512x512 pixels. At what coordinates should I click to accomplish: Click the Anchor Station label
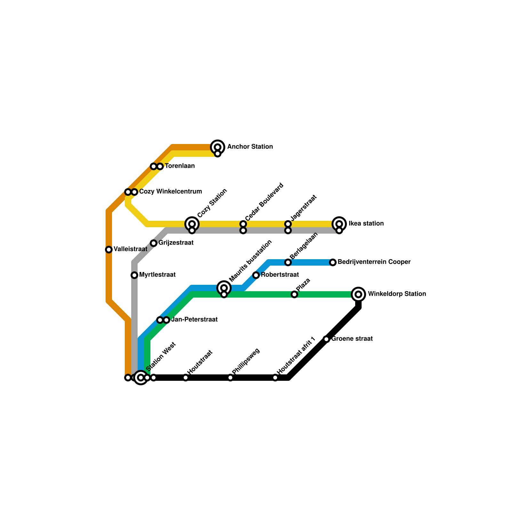click(250, 147)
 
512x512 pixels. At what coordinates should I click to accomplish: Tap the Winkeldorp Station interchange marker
click(358, 294)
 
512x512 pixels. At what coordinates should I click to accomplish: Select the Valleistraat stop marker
click(109, 250)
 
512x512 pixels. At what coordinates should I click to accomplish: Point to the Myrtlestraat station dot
click(134, 275)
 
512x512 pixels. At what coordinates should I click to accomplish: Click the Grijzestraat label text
click(176, 243)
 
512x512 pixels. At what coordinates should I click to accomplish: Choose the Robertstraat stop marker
click(256, 275)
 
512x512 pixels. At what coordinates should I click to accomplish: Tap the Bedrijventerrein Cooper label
click(374, 262)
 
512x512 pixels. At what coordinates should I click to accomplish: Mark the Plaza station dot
click(294, 294)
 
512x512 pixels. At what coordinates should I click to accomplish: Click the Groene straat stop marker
click(326, 339)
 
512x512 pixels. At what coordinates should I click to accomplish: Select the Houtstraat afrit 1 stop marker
click(275, 378)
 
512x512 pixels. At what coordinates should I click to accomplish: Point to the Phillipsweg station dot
click(230, 378)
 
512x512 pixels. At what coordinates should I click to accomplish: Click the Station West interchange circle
click(141, 378)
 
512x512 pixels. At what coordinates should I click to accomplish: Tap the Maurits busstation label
click(251, 261)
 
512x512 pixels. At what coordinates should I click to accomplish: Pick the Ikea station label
click(366, 224)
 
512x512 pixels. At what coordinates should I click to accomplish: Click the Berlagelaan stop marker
click(288, 262)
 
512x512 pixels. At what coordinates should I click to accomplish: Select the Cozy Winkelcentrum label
click(170, 192)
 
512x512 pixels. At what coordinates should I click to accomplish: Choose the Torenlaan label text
click(180, 166)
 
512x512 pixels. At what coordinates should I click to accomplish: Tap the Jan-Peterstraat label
click(194, 320)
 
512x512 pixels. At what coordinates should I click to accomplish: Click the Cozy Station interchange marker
click(192, 224)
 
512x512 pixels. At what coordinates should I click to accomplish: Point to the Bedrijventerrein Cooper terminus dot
click(333, 262)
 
